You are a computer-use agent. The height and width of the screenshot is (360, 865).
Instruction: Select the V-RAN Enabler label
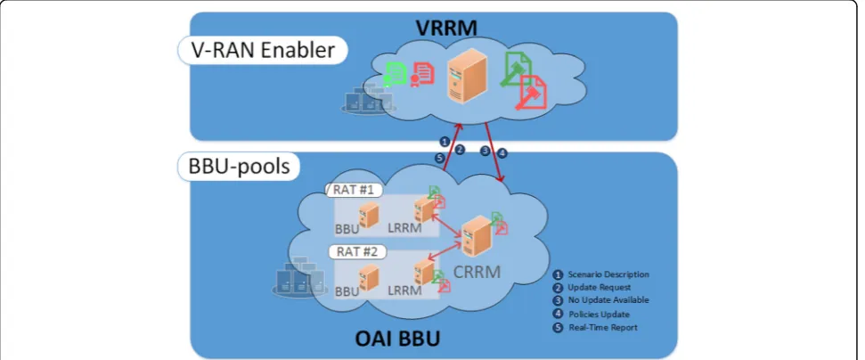tap(263, 50)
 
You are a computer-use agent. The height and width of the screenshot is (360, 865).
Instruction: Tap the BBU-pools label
tap(240, 166)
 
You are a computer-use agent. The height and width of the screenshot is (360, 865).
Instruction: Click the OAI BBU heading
tap(397, 338)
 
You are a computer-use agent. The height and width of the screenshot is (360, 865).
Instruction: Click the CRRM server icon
tap(476, 236)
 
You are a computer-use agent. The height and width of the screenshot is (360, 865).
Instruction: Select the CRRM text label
tap(477, 272)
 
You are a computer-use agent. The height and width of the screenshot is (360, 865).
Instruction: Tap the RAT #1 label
tap(356, 191)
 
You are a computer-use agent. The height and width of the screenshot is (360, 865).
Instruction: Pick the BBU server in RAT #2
tap(369, 277)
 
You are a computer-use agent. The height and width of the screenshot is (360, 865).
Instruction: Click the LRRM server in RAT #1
tap(424, 210)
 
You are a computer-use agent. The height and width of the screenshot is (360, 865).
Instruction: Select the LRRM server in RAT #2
tap(424, 272)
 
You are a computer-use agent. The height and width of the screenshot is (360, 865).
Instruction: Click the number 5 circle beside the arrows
tap(439, 158)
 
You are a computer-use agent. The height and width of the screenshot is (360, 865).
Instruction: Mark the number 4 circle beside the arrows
tap(502, 153)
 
